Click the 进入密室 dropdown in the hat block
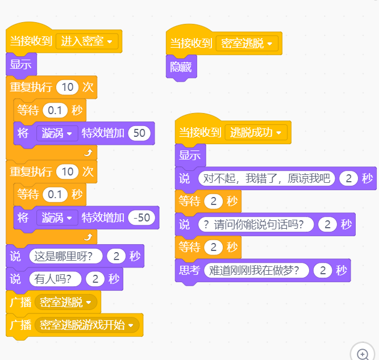click(x=87, y=41)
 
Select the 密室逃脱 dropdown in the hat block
click(x=247, y=44)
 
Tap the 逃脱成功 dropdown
click(x=256, y=132)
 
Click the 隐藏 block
click(x=181, y=67)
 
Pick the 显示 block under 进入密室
click(x=21, y=65)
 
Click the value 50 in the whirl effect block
click(x=139, y=133)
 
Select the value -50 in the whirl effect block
click(x=141, y=217)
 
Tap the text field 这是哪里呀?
click(x=66, y=256)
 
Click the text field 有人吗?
click(x=55, y=279)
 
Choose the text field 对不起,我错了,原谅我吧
click(x=266, y=178)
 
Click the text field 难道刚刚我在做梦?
click(x=256, y=270)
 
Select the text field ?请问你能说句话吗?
click(x=256, y=224)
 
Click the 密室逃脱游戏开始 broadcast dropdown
click(x=87, y=325)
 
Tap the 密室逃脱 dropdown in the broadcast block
click(x=66, y=302)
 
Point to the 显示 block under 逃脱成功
click(x=190, y=156)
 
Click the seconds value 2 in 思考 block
click(x=323, y=270)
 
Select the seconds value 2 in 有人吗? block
click(x=95, y=279)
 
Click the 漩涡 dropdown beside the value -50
click(x=57, y=217)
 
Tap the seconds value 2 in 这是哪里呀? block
click(x=116, y=256)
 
